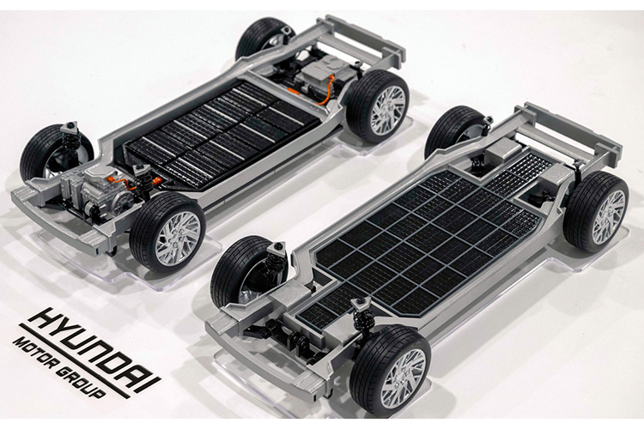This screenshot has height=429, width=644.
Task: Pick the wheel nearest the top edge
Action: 265,38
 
